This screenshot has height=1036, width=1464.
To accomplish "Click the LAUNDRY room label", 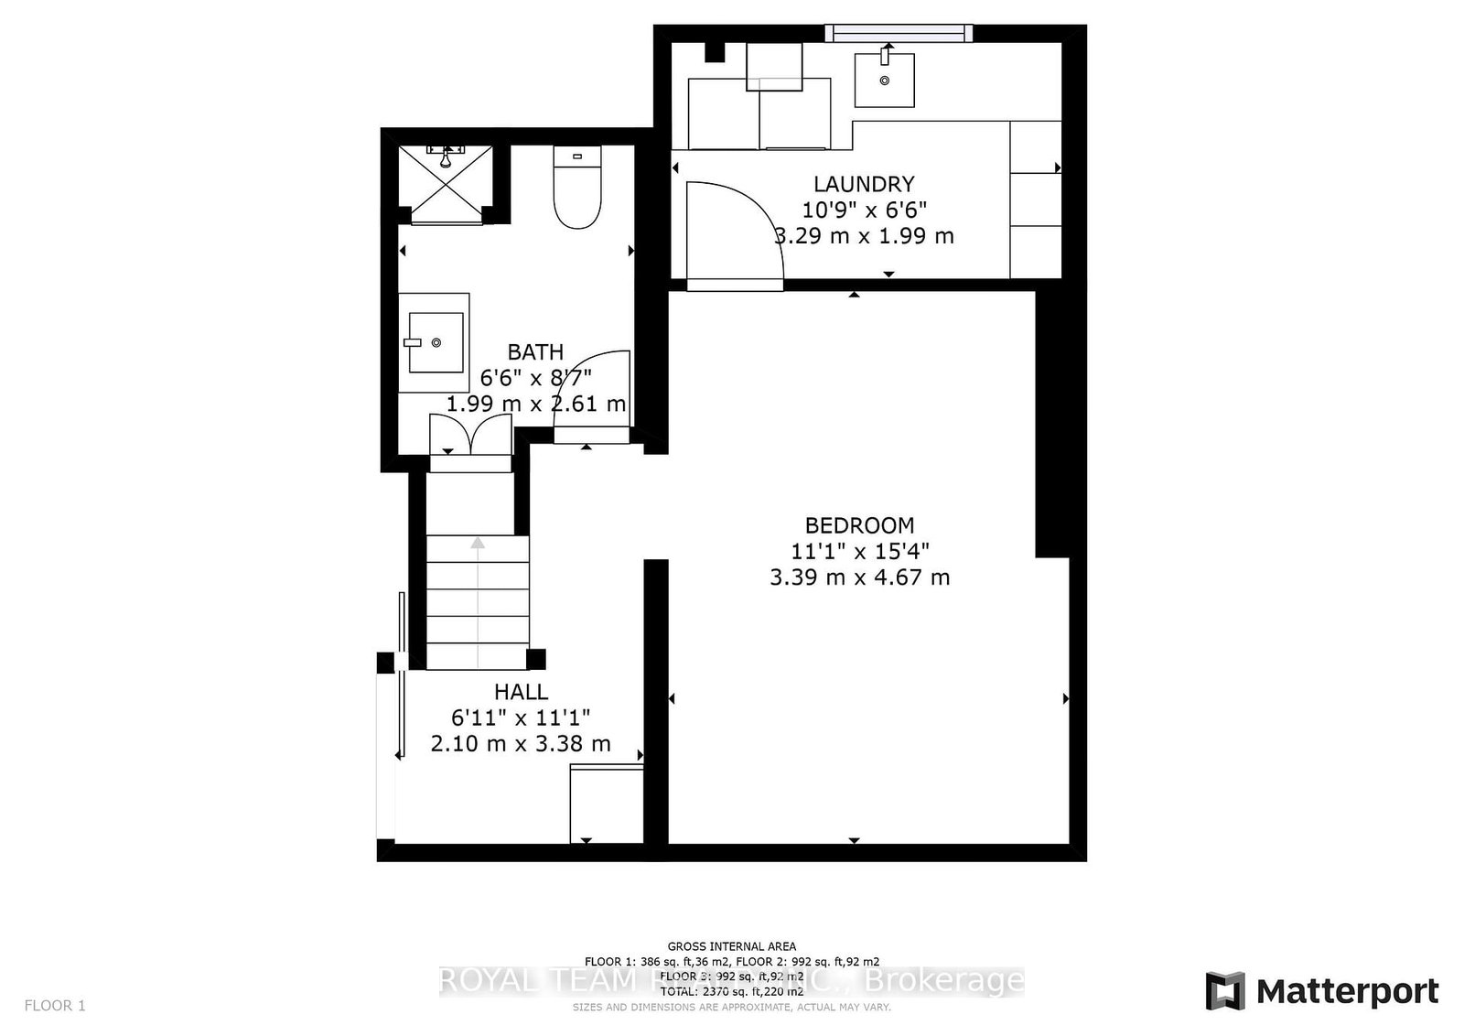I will [x=864, y=184].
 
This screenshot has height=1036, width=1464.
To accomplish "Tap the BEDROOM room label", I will [x=859, y=525].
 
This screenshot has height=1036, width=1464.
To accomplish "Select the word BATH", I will [x=535, y=352].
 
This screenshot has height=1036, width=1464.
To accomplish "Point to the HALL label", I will [x=521, y=692].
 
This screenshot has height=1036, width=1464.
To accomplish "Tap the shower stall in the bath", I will [x=446, y=183].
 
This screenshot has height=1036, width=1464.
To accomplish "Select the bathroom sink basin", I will [x=436, y=342].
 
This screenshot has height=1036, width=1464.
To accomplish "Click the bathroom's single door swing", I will [x=595, y=389].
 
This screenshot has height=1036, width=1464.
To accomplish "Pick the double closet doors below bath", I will [x=470, y=435].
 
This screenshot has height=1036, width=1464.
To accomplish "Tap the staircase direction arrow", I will [x=478, y=543].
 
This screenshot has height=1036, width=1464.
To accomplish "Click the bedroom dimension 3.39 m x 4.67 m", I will [x=859, y=577].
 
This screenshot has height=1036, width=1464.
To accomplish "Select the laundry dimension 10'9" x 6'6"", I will [x=864, y=210].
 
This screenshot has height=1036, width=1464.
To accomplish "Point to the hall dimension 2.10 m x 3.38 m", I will [x=521, y=744].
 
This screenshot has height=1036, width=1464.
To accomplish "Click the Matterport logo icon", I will [x=1224, y=991].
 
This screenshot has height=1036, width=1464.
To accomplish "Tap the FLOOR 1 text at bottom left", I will [x=55, y=1006].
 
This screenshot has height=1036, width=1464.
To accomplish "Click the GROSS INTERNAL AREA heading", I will [x=731, y=946].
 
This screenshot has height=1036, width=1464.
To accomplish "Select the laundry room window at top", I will [x=898, y=34].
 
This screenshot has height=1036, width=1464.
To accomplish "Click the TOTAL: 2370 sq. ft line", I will [x=731, y=990].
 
